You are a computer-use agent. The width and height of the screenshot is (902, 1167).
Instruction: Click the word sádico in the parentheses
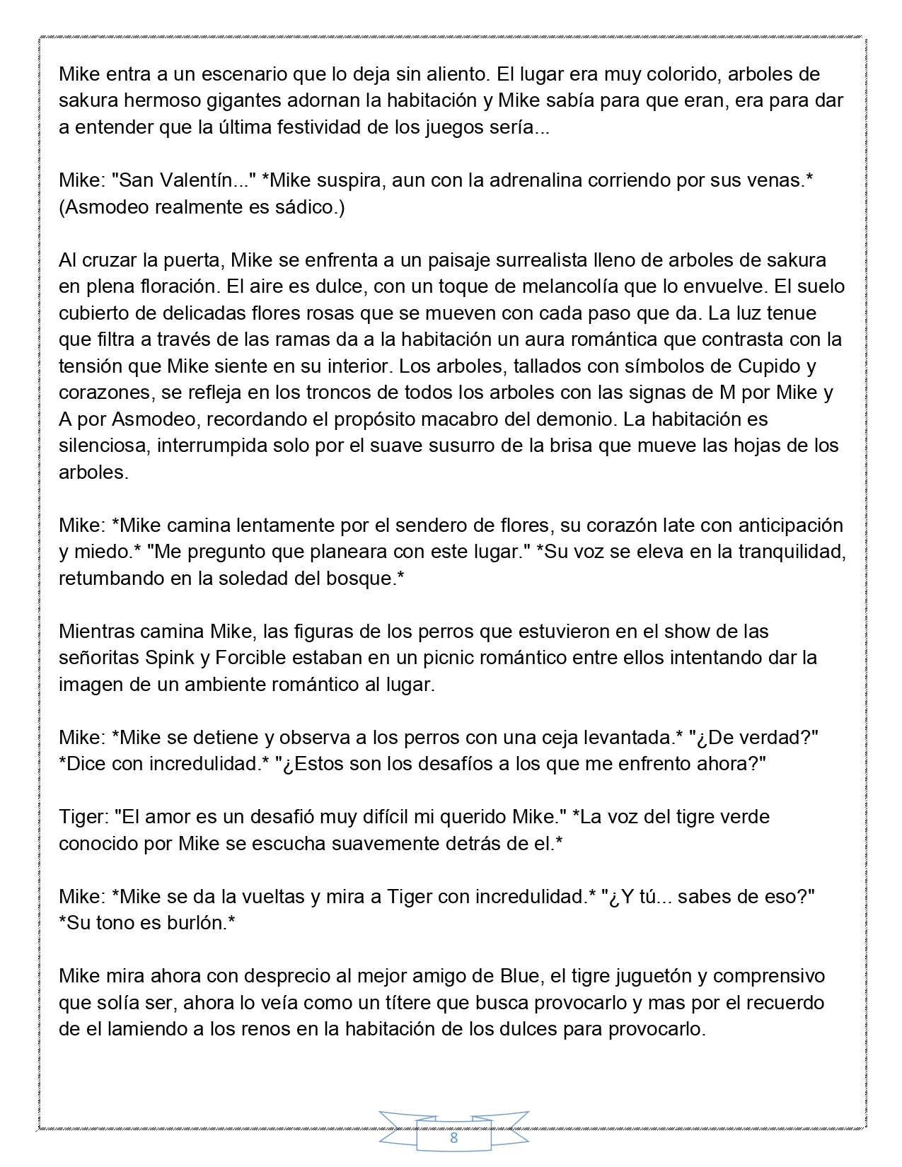click(x=300, y=207)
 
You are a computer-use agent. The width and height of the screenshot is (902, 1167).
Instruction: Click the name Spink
click(x=170, y=658)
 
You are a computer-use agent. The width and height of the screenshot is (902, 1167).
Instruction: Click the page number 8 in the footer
click(x=453, y=1138)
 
